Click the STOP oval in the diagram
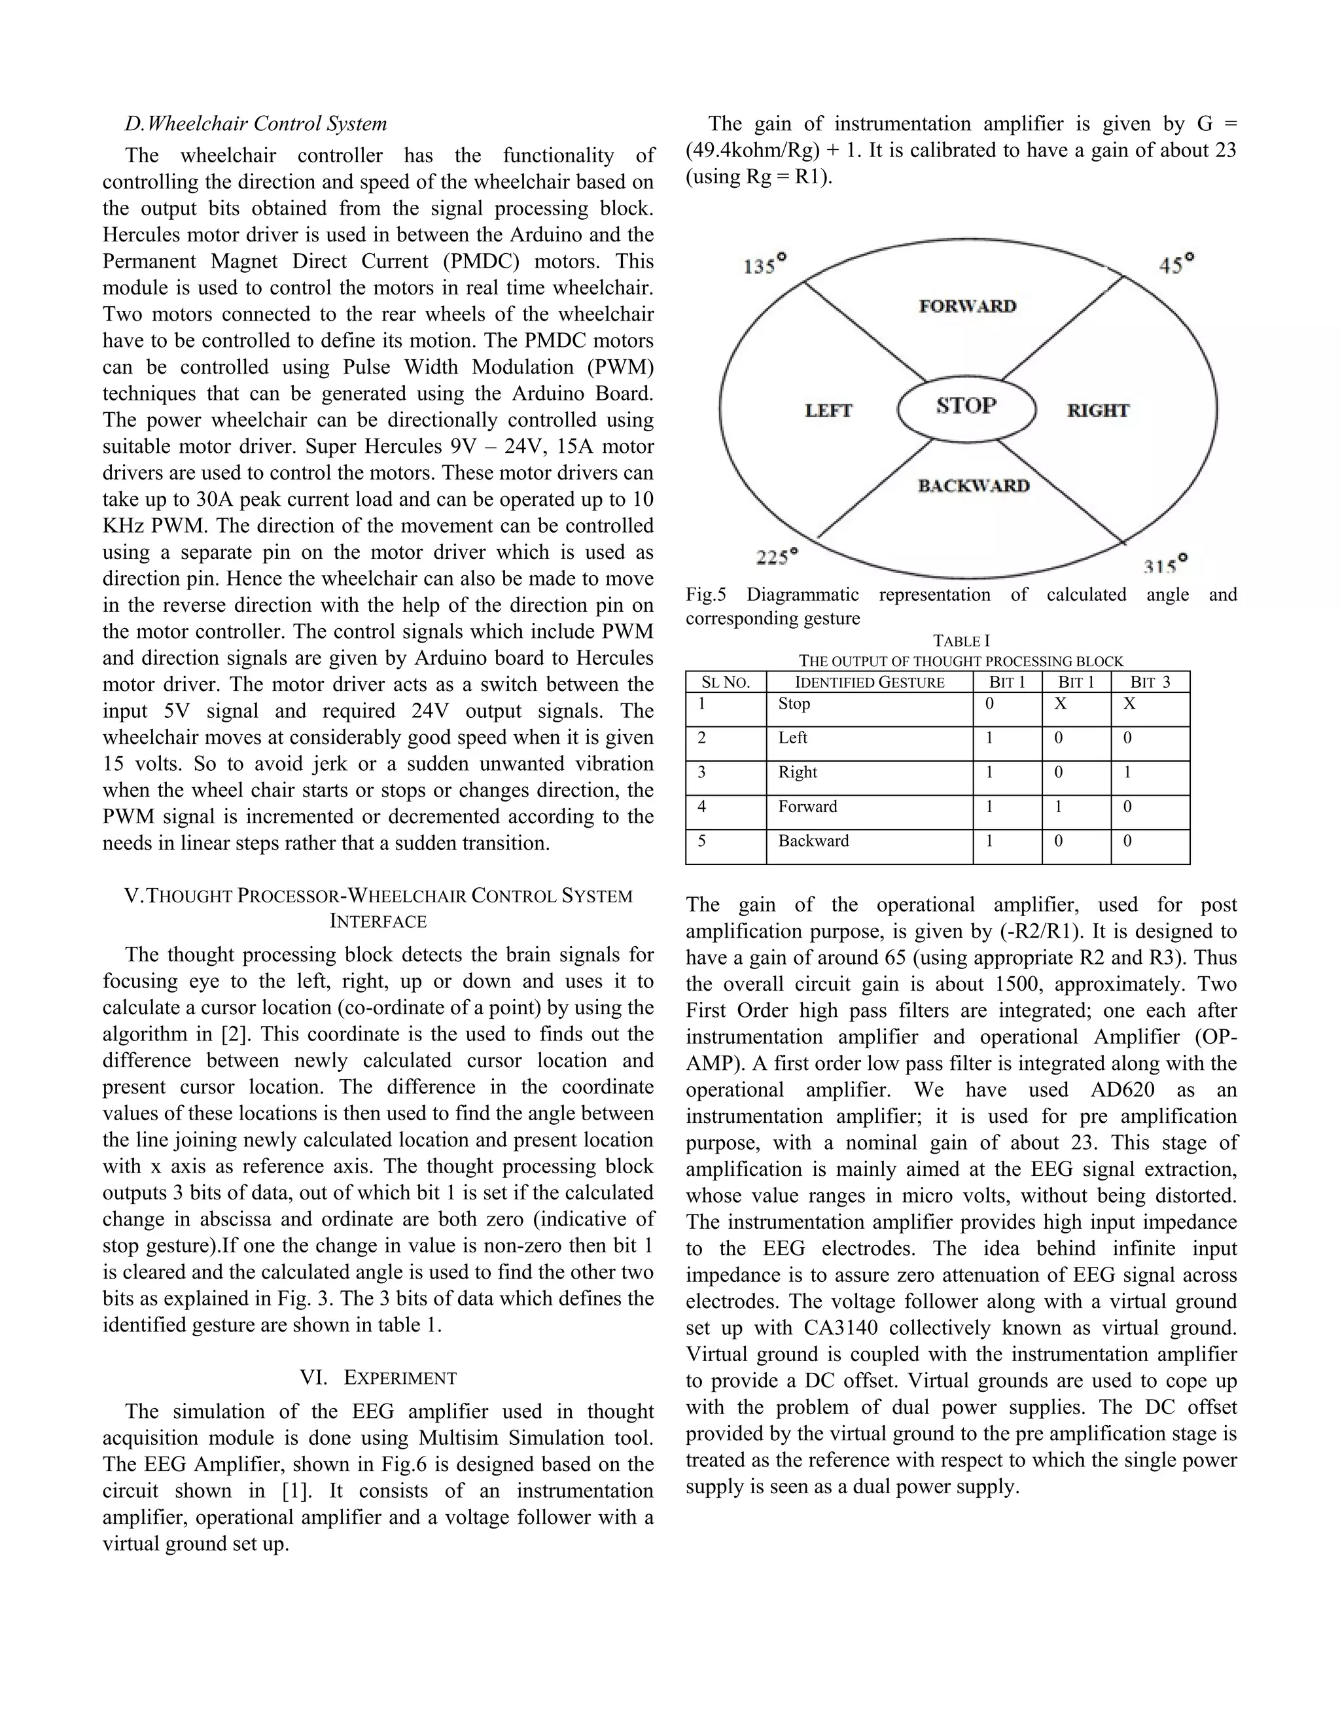(x=966, y=407)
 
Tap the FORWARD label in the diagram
(x=968, y=306)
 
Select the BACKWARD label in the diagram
(x=973, y=486)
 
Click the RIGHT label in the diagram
(x=1098, y=410)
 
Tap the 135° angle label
(x=764, y=264)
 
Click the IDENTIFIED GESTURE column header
(x=870, y=682)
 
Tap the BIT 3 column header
(x=1150, y=682)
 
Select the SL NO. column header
(x=726, y=682)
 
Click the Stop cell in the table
(x=794, y=703)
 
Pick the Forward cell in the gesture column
(x=807, y=807)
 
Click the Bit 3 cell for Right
(x=1127, y=773)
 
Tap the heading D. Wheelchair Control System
(x=256, y=124)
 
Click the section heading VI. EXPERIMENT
(x=378, y=1377)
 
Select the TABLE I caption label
(x=961, y=641)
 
